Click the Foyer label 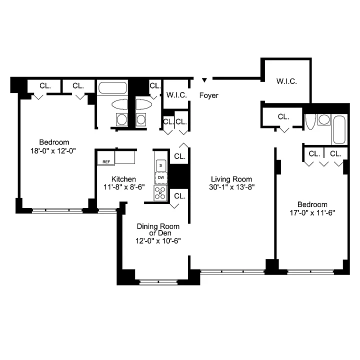click(x=208, y=95)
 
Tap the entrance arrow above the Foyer click(x=204, y=80)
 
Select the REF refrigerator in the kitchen click(x=106, y=158)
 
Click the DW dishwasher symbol click(x=161, y=177)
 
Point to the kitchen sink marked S click(x=160, y=165)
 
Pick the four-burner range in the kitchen click(x=160, y=193)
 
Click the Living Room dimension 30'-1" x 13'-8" click(x=231, y=187)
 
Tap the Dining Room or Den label click(x=158, y=229)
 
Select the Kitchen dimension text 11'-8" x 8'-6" click(x=124, y=187)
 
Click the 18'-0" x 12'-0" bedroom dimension click(x=53, y=151)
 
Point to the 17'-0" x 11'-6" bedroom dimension click(x=312, y=213)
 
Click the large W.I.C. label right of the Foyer click(x=286, y=81)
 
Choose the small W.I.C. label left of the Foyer click(x=176, y=95)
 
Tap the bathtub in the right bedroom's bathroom click(x=339, y=129)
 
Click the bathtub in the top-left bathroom click(x=112, y=87)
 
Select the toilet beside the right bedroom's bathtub click(x=310, y=121)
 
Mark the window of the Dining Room click(x=158, y=281)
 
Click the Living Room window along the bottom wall click(x=232, y=271)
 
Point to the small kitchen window click(x=107, y=210)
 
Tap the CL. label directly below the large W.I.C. click(x=283, y=117)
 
